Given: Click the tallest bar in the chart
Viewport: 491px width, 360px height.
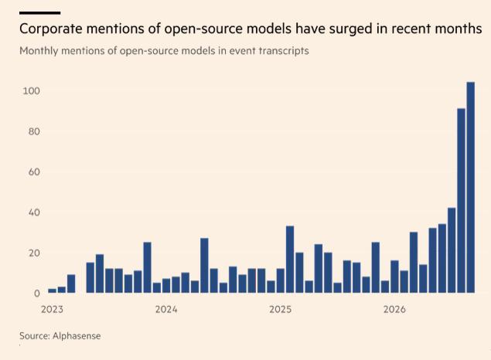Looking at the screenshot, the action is click(471, 188).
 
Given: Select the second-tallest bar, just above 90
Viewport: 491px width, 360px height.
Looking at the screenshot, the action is click(462, 201).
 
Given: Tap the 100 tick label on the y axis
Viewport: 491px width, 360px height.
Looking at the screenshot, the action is click(31, 91).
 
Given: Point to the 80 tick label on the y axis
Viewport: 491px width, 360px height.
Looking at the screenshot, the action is click(34, 131).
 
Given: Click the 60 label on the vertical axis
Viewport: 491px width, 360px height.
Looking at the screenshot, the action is click(34, 172).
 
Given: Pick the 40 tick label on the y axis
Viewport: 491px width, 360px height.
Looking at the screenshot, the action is click(34, 212).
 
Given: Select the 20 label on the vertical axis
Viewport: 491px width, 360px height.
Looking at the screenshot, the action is click(34, 253).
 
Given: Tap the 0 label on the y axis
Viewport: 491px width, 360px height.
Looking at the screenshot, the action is click(37, 294).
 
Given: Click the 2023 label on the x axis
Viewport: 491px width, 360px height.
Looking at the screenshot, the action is click(52, 309).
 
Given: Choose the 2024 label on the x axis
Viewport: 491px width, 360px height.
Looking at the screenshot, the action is click(166, 309).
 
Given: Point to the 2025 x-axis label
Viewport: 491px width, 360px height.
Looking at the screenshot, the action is click(280, 309).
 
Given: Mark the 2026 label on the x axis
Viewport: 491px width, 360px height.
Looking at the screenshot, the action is click(394, 309).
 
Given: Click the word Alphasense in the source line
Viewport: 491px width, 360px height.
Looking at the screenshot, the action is click(77, 336).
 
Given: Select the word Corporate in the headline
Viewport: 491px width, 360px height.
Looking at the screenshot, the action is click(51, 29).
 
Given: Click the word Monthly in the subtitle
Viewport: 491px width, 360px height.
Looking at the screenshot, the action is click(39, 51).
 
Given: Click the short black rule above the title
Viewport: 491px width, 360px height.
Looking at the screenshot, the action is click(39, 13).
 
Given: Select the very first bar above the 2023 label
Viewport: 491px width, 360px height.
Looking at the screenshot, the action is click(53, 291).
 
